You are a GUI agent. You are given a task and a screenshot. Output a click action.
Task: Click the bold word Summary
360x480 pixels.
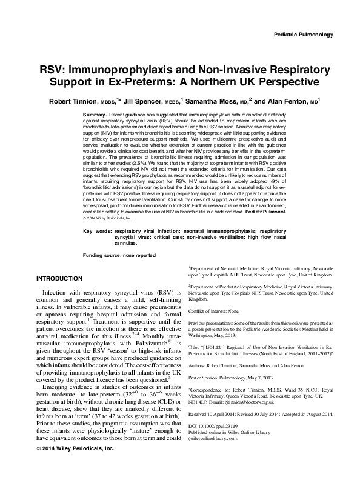click(96, 114)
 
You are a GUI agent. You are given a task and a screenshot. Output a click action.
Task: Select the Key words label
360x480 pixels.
click(96, 248)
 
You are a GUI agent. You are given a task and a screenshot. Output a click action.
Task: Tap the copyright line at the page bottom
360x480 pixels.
click(67, 465)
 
